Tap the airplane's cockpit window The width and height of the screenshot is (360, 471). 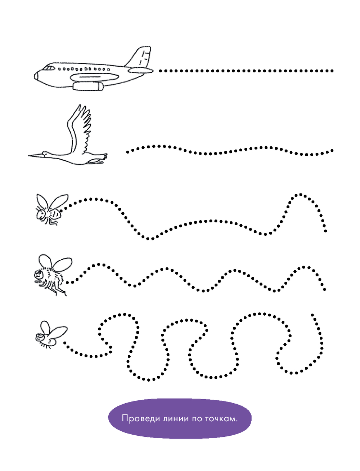point(49,68)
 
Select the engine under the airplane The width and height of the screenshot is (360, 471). point(88,86)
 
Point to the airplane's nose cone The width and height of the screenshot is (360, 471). point(36,76)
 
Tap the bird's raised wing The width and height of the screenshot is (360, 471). point(80,129)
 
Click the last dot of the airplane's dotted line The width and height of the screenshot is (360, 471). point(332,71)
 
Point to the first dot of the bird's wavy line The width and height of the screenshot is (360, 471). point(128,152)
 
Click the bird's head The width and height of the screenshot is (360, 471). point(45,154)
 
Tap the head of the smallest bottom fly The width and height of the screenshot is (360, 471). point(39,337)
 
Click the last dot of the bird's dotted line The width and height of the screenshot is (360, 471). point(332,151)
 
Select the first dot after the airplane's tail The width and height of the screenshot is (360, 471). point(160,71)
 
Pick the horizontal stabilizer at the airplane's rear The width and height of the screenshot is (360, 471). point(141,70)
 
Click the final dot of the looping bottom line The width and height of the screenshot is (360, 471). point(312,315)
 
